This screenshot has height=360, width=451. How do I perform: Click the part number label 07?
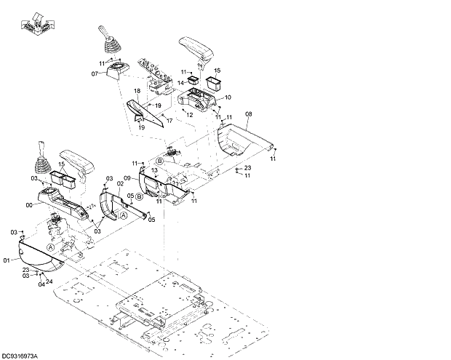tap(95, 73)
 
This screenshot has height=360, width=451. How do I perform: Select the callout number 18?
tap(136, 91)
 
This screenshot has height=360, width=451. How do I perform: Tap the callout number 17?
tap(169, 120)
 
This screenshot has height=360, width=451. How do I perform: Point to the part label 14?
tap(182, 84)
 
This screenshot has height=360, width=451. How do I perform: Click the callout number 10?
tap(228, 97)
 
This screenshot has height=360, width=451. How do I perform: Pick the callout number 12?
tap(189, 114)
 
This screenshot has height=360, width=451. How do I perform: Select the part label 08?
tap(248, 114)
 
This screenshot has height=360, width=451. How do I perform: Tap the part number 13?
tap(154, 170)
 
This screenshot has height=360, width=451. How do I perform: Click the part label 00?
tap(28, 206)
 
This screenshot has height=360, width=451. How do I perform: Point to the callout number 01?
tap(7, 260)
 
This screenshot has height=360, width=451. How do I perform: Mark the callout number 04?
tap(41, 284)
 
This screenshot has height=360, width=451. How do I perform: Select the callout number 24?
tap(49, 281)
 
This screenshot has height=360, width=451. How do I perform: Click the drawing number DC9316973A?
tap(20, 355)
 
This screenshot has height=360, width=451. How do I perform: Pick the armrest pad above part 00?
tap(76, 160)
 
